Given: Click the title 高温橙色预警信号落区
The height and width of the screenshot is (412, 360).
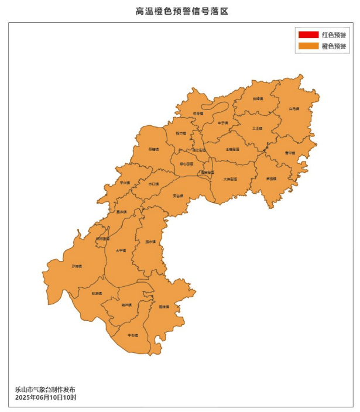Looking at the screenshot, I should point(180,11).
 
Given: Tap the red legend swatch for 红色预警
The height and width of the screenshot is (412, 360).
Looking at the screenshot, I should point(308,35).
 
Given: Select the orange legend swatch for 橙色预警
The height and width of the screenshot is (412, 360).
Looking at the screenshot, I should point(308,46).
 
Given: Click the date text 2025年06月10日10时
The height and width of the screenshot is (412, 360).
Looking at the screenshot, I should point(46,397).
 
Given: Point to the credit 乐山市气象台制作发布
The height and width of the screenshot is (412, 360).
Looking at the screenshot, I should point(46,389).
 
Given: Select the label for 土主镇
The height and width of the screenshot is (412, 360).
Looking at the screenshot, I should point(257,128).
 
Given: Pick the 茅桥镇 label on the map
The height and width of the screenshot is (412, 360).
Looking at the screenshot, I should point(270,178).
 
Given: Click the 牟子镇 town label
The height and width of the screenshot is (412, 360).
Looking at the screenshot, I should point(222,123).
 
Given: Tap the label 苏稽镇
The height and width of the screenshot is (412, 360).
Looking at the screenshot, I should point(153,149).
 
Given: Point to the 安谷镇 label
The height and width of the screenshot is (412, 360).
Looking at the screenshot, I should point(178,195).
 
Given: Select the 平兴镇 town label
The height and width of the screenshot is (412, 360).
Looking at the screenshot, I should point(125,183).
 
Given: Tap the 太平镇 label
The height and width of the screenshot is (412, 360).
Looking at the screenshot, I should point(121,250).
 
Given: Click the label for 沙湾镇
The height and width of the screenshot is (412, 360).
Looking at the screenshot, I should point(77,266).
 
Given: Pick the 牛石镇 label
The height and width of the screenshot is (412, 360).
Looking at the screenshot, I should point(133,335).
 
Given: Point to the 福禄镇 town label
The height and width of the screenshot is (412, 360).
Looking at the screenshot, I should point(163,307).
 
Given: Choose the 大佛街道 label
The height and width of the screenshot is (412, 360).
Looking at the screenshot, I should point(230,178).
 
